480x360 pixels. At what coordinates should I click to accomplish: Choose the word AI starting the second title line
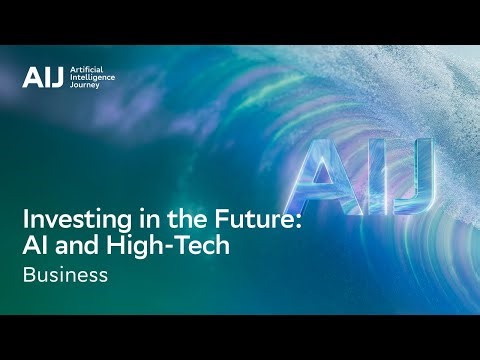[x=35, y=246]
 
